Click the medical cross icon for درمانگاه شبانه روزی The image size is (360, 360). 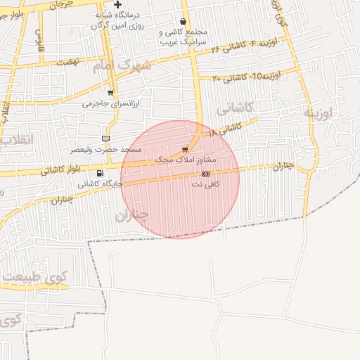[117, 5]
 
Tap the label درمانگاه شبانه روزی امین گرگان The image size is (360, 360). [117, 20]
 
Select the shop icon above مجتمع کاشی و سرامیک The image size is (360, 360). [183, 22]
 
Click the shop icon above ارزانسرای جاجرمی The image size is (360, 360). [110, 92]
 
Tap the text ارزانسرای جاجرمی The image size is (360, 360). [111, 103]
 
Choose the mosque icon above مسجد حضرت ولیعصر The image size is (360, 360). [106, 139]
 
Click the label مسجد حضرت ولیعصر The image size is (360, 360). [105, 150]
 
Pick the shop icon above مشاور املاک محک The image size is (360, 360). [185, 149]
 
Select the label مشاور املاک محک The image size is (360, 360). [185, 160]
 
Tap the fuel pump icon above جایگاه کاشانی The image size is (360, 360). [100, 173]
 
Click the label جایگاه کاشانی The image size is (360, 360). [100, 184]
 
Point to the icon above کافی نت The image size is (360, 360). [205, 173]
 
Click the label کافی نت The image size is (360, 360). [206, 184]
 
